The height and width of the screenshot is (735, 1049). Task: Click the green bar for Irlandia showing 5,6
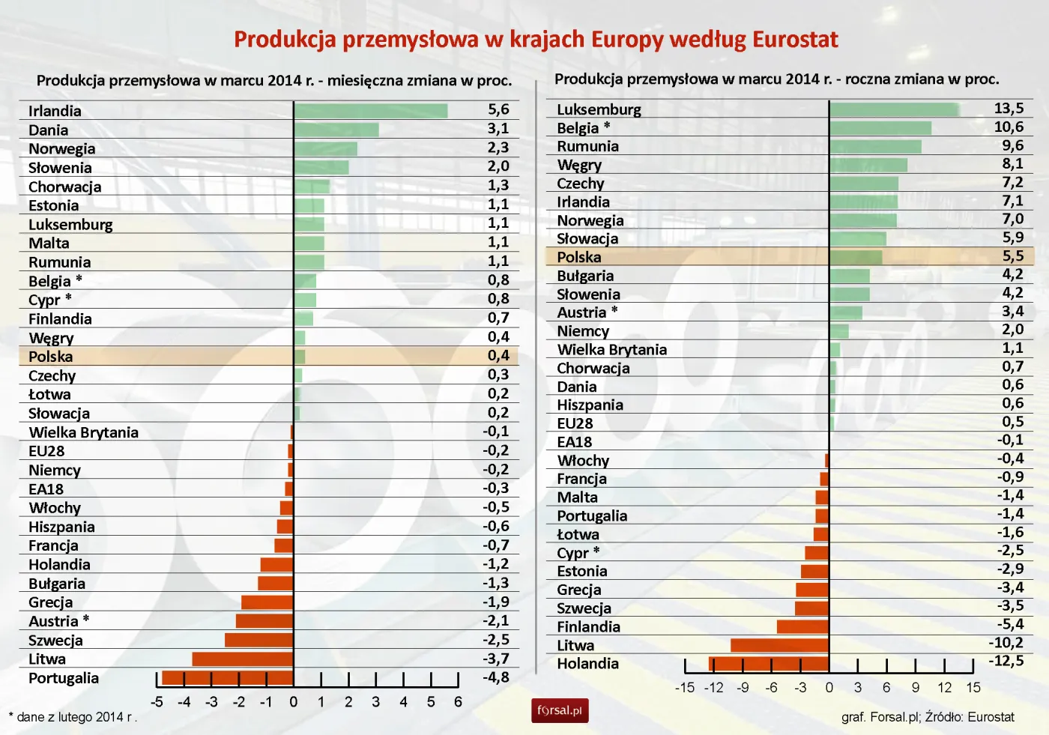click(x=371, y=111)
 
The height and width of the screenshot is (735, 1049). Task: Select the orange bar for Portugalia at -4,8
click(x=228, y=678)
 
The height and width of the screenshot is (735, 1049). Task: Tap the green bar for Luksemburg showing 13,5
click(x=894, y=109)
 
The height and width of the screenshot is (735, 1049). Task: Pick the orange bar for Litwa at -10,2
click(x=779, y=645)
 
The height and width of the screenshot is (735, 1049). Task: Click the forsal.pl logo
click(x=560, y=710)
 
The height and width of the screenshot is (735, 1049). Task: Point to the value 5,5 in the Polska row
click(x=1012, y=256)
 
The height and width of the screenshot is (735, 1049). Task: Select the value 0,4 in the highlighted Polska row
click(x=498, y=356)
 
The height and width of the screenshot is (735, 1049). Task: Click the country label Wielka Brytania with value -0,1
click(x=83, y=432)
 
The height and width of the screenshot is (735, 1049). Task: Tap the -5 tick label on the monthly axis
click(x=157, y=702)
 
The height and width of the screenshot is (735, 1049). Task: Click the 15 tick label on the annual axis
click(x=973, y=688)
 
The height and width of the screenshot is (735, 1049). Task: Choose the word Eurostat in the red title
click(x=795, y=39)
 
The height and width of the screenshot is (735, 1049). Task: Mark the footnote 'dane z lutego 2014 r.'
click(x=73, y=717)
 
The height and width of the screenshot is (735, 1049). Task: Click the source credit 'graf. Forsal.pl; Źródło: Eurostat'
click(x=928, y=717)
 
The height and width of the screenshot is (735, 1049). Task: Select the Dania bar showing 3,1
click(x=336, y=130)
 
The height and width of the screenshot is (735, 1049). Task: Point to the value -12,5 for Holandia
click(x=1006, y=662)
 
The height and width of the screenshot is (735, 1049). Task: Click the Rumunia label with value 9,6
click(x=587, y=146)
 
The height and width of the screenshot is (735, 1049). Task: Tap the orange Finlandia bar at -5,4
click(x=802, y=627)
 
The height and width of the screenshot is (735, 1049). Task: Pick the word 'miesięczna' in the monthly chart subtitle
click(x=366, y=80)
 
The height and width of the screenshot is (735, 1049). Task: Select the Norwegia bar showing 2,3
click(x=325, y=148)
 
